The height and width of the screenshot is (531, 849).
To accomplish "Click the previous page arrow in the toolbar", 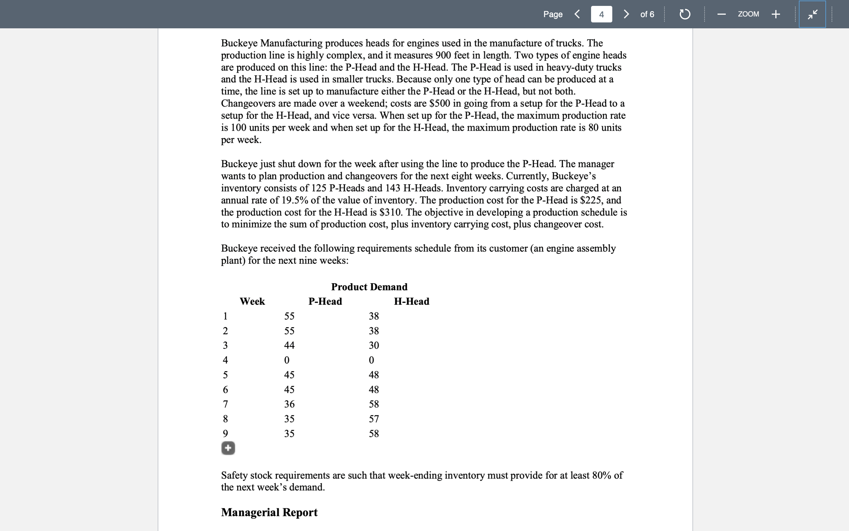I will (x=577, y=14).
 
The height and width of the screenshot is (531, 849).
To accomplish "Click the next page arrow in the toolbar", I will (x=626, y=14).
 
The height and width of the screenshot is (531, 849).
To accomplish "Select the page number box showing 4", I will (x=601, y=14).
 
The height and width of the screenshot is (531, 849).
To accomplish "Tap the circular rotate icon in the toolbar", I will (x=685, y=14).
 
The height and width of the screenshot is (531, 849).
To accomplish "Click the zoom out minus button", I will (x=721, y=14).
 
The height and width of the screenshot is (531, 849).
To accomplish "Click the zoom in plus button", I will (x=776, y=14).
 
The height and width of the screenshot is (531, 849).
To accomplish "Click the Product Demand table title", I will (x=369, y=287).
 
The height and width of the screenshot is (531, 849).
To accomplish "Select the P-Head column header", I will (x=325, y=301).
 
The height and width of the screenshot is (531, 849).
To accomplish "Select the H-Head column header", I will (x=412, y=301).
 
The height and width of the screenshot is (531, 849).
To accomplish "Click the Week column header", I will (x=252, y=301).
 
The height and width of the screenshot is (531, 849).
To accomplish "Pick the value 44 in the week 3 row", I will (x=289, y=345).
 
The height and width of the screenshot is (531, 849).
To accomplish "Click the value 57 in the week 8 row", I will (x=374, y=419).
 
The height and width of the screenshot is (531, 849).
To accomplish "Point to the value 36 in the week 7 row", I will (x=289, y=404).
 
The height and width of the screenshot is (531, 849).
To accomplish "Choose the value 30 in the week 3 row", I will (x=374, y=345).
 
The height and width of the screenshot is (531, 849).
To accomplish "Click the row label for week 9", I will (x=225, y=433).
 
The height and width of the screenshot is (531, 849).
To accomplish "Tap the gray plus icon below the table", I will (x=228, y=448).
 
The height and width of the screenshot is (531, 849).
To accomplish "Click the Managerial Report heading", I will (x=269, y=512).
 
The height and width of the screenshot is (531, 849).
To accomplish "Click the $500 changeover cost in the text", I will (x=440, y=103).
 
